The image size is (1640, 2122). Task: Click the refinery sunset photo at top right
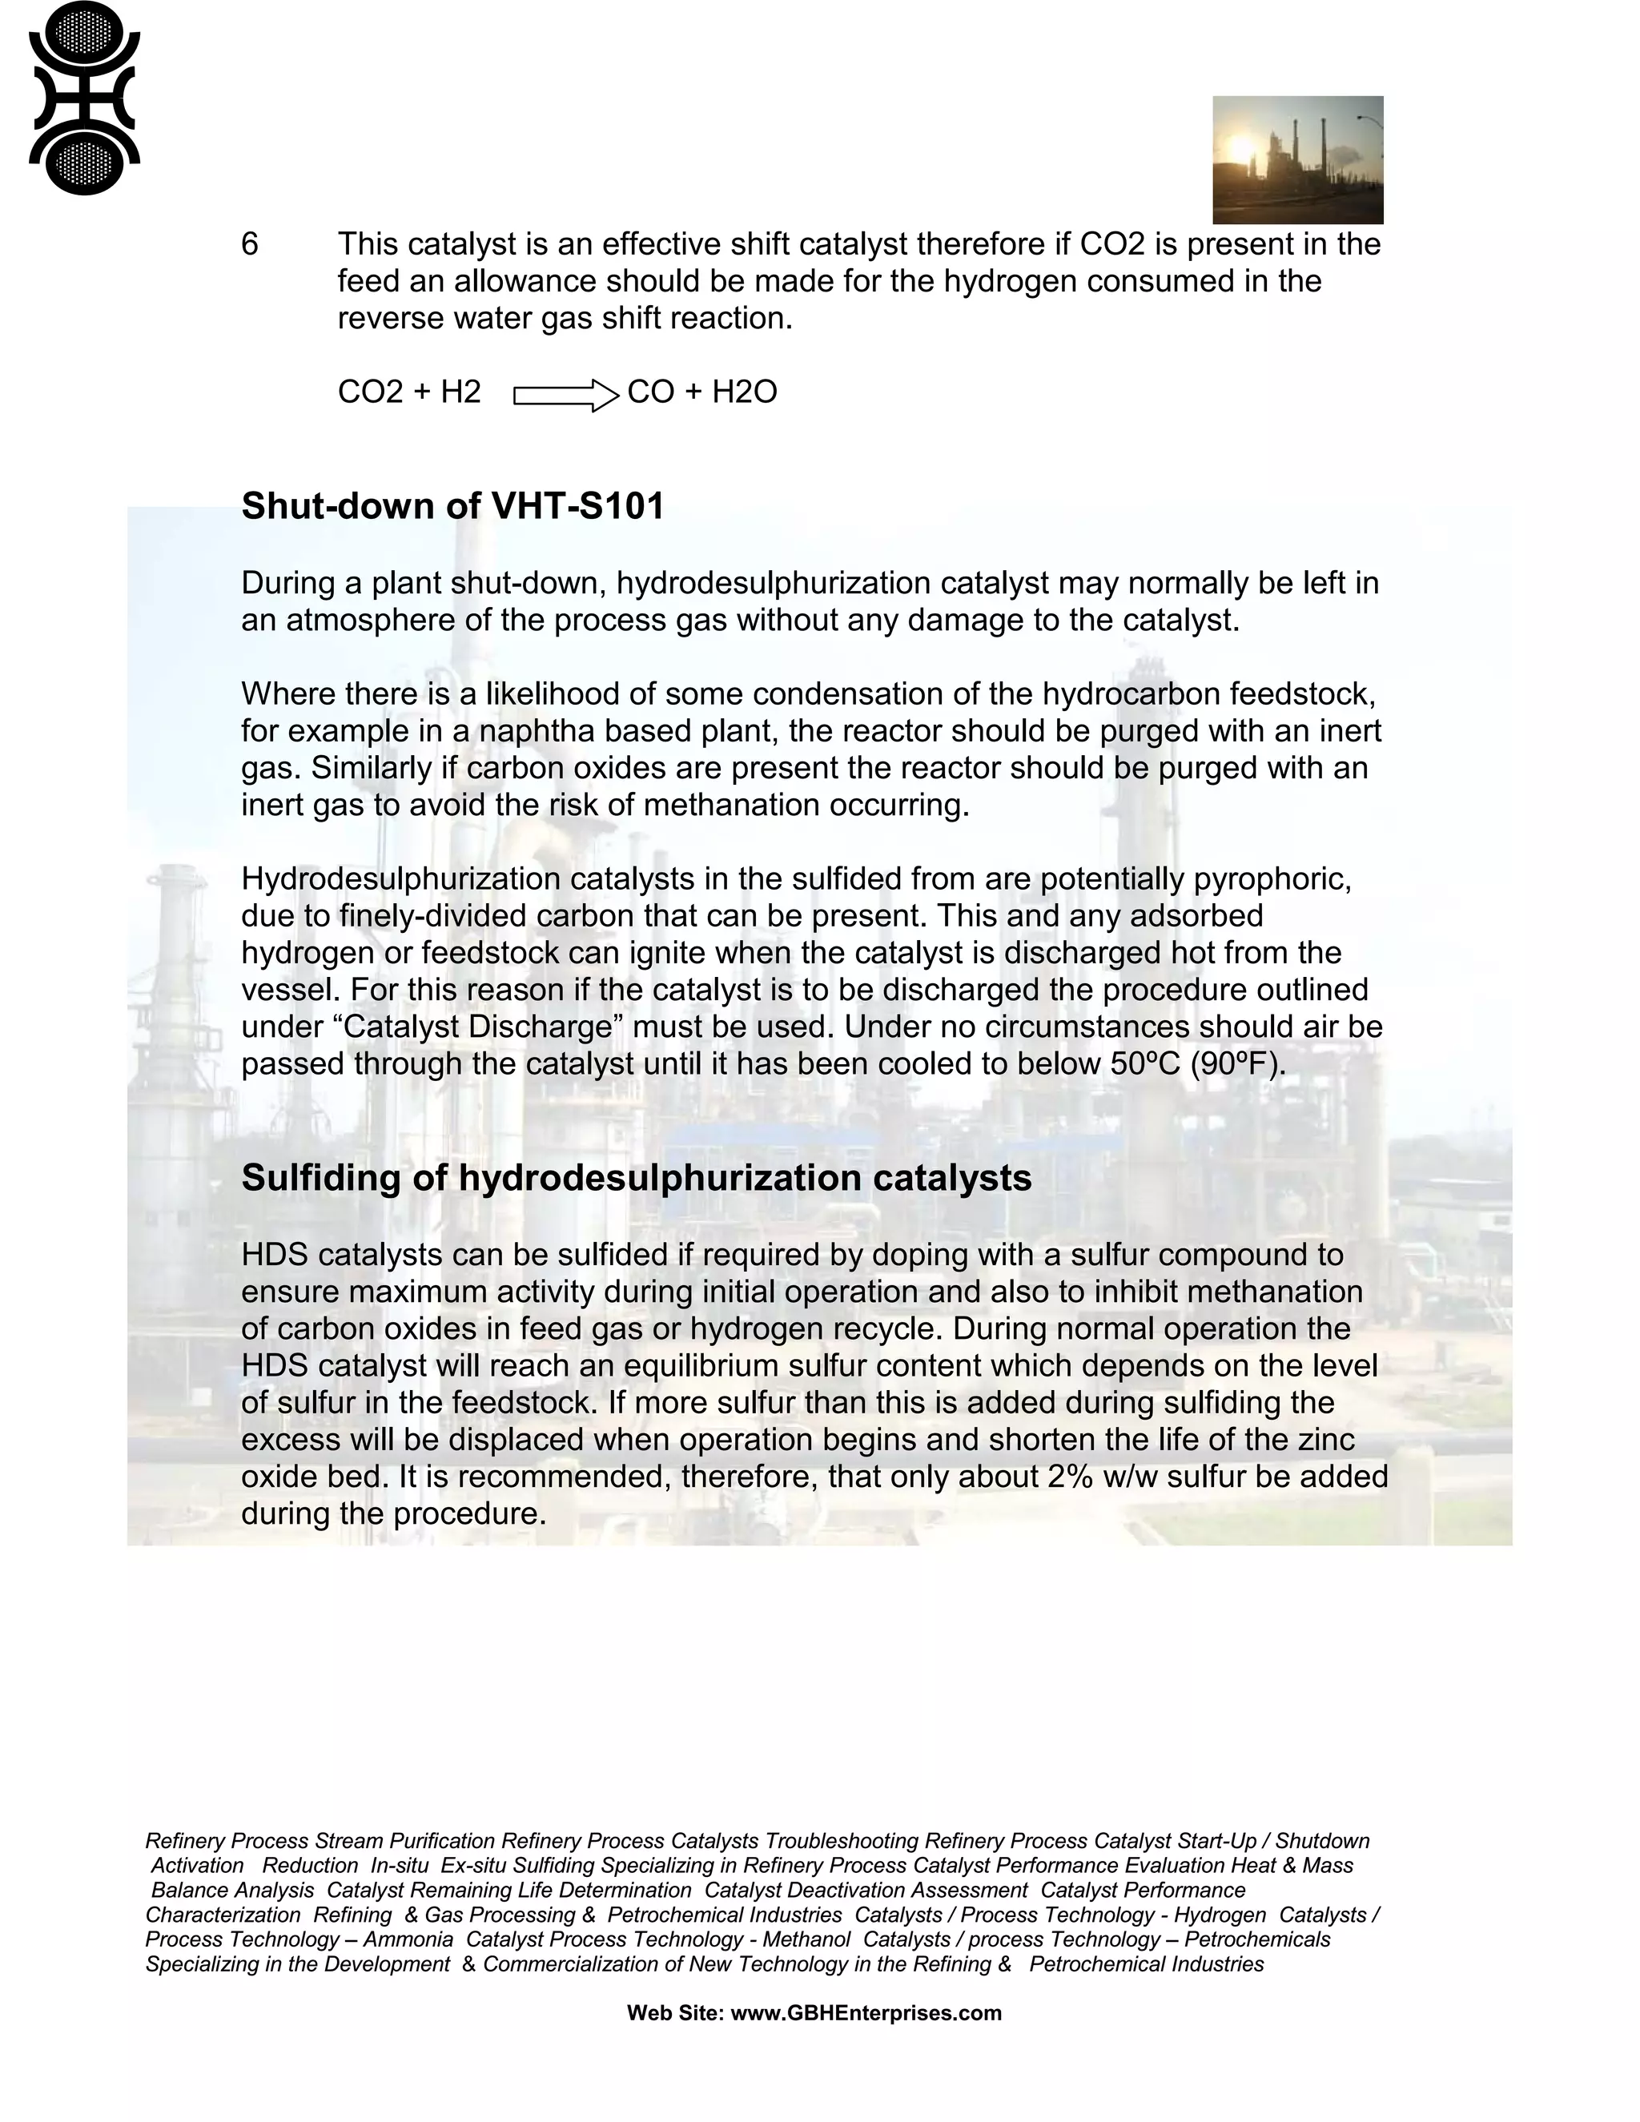point(1297,159)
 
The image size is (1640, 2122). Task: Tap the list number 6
point(250,244)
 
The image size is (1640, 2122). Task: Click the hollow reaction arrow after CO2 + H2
point(565,396)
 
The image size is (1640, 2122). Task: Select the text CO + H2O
point(701,392)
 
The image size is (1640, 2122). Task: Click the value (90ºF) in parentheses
point(1236,1064)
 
